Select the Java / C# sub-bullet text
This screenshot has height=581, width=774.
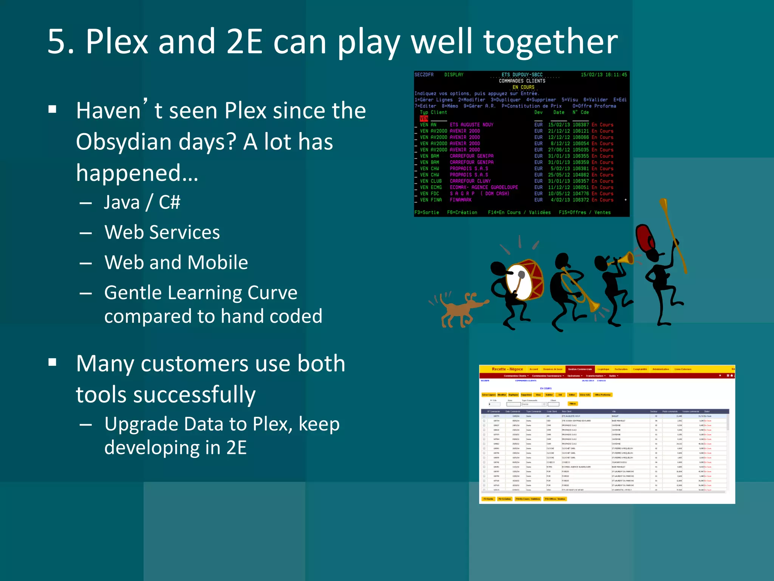142,202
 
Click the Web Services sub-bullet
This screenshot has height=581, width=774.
162,232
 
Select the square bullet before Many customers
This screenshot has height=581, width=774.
53,362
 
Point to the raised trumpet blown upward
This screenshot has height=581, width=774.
624,259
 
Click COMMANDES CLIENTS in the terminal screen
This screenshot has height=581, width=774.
522,81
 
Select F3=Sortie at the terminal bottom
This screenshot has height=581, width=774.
426,213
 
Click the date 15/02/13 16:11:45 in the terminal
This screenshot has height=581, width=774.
604,75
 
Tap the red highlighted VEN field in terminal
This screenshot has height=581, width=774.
424,118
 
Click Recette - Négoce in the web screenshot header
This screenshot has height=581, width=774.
507,369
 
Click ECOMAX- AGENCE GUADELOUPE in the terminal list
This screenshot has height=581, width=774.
483,187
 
